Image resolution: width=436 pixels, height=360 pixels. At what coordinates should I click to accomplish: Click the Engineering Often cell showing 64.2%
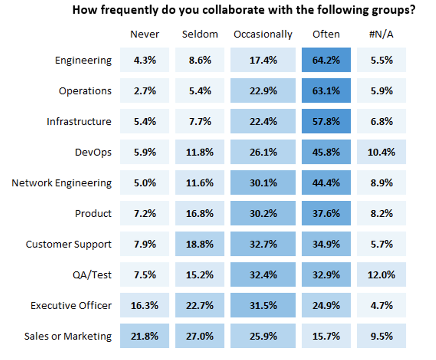click(x=326, y=60)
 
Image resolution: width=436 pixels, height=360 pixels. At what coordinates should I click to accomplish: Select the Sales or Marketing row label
click(x=68, y=336)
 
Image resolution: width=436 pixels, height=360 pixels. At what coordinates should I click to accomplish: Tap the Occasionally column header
click(x=263, y=34)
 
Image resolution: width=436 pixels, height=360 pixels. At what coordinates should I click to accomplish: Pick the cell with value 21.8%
click(x=145, y=336)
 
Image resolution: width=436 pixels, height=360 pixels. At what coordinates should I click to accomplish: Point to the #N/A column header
click(x=381, y=34)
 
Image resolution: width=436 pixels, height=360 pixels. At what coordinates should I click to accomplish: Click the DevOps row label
click(x=93, y=152)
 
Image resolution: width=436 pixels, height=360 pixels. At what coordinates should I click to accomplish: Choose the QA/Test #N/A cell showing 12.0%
click(x=381, y=275)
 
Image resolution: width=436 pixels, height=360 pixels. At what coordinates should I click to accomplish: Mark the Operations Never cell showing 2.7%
click(x=145, y=91)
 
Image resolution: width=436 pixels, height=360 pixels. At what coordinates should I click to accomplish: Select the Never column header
click(x=145, y=34)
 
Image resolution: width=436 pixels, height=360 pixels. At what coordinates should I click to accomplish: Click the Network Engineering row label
click(x=62, y=183)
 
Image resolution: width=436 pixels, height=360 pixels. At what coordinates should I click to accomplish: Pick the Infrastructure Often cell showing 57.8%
click(x=326, y=122)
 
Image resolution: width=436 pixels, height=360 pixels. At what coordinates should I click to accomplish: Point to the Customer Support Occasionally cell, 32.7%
click(x=263, y=244)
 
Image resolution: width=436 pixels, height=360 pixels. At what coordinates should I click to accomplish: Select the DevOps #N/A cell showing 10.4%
click(x=381, y=152)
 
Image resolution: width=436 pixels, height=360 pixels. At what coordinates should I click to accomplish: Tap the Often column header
click(x=326, y=34)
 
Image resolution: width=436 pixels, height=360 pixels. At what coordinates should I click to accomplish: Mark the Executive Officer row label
click(x=71, y=305)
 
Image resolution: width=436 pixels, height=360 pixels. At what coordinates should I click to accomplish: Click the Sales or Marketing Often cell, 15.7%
click(x=326, y=336)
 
